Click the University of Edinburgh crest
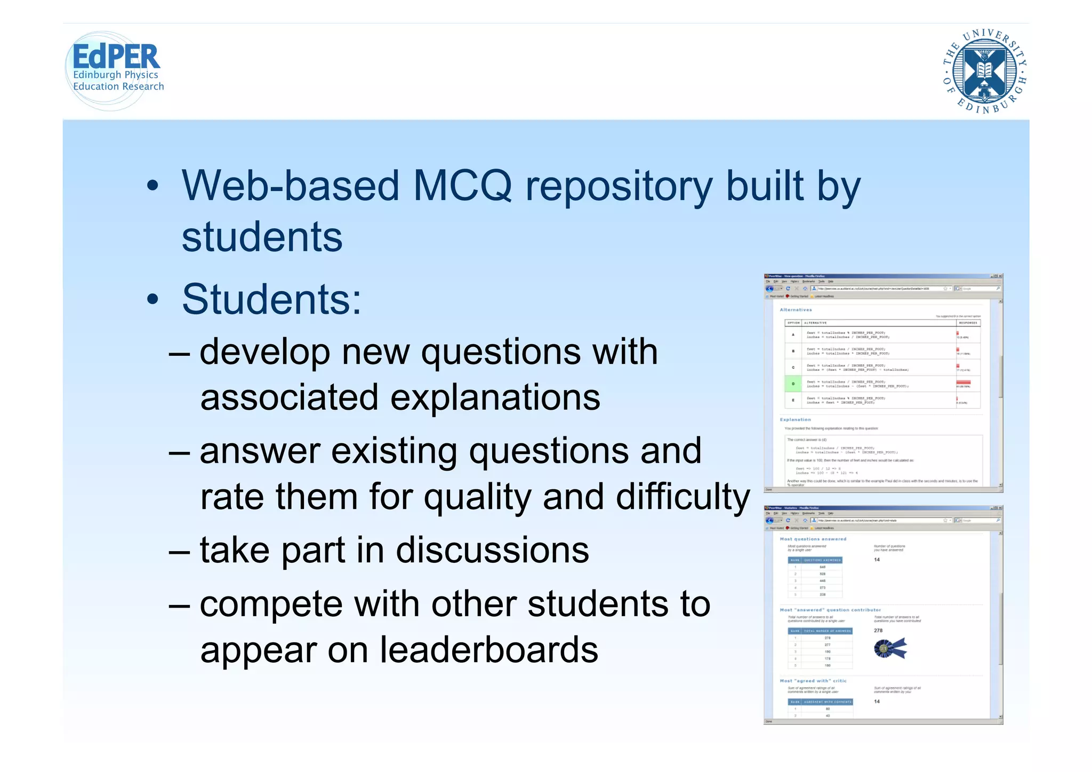tap(984, 71)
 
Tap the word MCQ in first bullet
tap(462, 186)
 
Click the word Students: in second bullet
tap(271, 299)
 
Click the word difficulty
tap(682, 497)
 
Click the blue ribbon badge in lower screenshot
tap(889, 648)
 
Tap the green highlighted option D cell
tap(793, 384)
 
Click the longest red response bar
tap(963, 383)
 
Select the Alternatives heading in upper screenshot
tap(796, 309)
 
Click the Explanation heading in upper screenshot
tap(795, 419)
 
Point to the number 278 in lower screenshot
tap(878, 630)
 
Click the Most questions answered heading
tap(813, 539)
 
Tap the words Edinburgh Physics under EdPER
tap(115, 75)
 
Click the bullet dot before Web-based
tap(152, 186)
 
